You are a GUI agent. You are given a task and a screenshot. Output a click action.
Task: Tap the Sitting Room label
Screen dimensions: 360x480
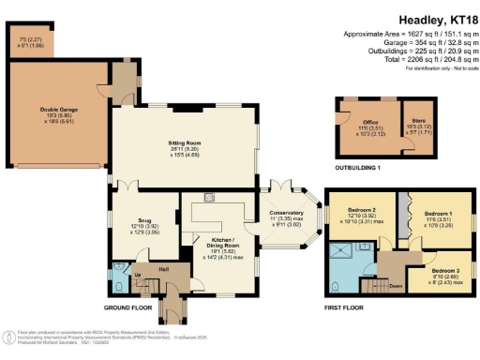(185, 142)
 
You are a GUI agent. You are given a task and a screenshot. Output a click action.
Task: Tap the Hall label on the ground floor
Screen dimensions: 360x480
(162, 270)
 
